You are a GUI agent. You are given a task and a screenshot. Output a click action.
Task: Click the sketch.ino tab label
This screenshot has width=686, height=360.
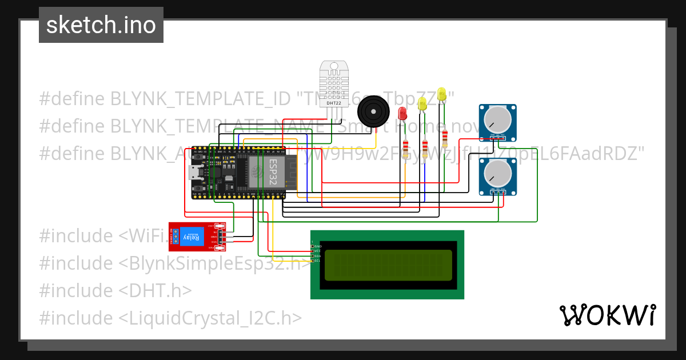point(101,25)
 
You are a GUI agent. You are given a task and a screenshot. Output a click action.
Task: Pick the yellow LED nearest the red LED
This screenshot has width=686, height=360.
point(422,104)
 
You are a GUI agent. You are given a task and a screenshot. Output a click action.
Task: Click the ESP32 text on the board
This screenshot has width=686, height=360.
point(274,171)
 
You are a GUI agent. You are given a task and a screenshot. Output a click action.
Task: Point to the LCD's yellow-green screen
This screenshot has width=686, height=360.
point(388,265)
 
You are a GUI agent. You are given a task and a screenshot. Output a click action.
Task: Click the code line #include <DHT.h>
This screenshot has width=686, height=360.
point(115,290)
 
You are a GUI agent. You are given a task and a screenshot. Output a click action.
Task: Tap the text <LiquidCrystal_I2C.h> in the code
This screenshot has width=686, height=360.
point(210,318)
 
